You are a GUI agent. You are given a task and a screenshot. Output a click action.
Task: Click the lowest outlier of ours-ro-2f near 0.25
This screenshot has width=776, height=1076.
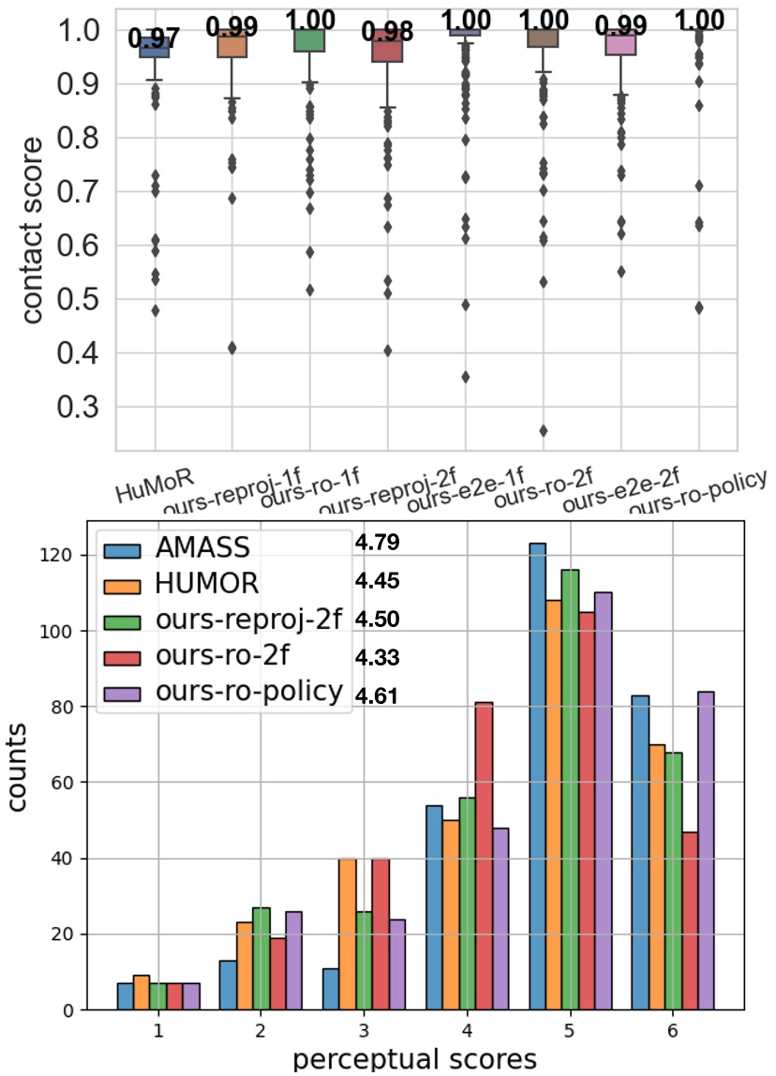point(543,431)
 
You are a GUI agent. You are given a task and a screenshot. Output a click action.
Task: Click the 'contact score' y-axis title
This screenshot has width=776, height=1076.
point(33,231)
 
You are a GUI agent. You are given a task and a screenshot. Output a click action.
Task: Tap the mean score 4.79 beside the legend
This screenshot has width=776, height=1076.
point(378,544)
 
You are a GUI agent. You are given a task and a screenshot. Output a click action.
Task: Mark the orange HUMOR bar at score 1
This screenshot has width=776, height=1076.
point(141,993)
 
